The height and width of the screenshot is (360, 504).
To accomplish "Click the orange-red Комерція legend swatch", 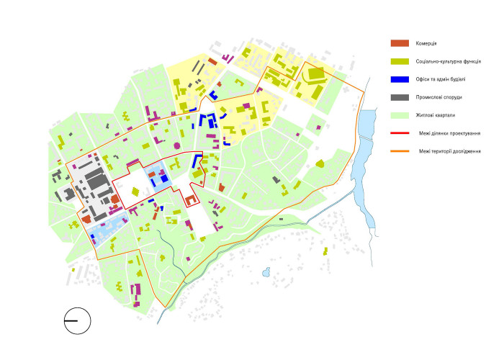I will pyautogui.click(x=400, y=44).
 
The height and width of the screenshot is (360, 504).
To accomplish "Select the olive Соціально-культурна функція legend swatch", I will pyautogui.click(x=400, y=62).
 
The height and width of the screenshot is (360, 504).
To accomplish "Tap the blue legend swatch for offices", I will pyautogui.click(x=400, y=79).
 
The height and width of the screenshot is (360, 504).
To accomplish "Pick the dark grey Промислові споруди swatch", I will pyautogui.click(x=400, y=97).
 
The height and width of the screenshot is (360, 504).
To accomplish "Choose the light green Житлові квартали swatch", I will pyautogui.click(x=400, y=115).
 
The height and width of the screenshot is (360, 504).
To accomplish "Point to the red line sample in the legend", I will pyautogui.click(x=400, y=133).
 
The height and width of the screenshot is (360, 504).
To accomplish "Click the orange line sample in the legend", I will pyautogui.click(x=400, y=151).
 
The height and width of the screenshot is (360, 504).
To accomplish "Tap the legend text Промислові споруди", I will pyautogui.click(x=438, y=97).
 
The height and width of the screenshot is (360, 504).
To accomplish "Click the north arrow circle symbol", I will pyautogui.click(x=76, y=320).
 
